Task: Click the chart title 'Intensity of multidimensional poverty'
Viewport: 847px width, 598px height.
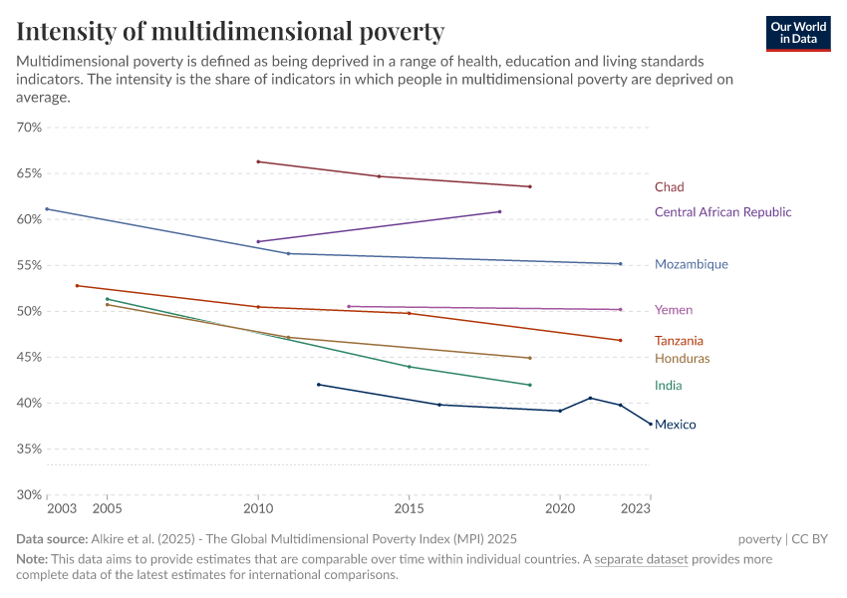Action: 230,31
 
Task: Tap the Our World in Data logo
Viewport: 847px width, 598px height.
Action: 798,33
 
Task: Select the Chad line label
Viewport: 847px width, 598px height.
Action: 669,187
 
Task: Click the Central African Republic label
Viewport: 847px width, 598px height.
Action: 722,212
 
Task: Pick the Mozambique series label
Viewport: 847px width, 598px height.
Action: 691,265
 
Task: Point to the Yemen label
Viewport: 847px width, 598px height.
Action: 673,310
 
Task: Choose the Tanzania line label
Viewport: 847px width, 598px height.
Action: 679,341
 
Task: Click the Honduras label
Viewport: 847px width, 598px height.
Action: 682,359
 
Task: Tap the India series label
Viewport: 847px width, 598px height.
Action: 668,386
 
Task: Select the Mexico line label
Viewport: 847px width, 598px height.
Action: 675,425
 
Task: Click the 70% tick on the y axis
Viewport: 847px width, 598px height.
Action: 29,128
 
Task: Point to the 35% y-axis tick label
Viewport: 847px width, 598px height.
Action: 29,449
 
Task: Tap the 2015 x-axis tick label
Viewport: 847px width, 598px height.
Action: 409,508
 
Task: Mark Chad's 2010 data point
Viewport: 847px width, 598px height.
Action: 258,161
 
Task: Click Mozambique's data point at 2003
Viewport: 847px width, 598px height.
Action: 47,209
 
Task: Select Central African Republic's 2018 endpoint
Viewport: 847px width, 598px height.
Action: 499,211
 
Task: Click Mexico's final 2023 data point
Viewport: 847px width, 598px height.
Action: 651,424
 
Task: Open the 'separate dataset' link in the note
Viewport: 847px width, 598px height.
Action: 641,559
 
